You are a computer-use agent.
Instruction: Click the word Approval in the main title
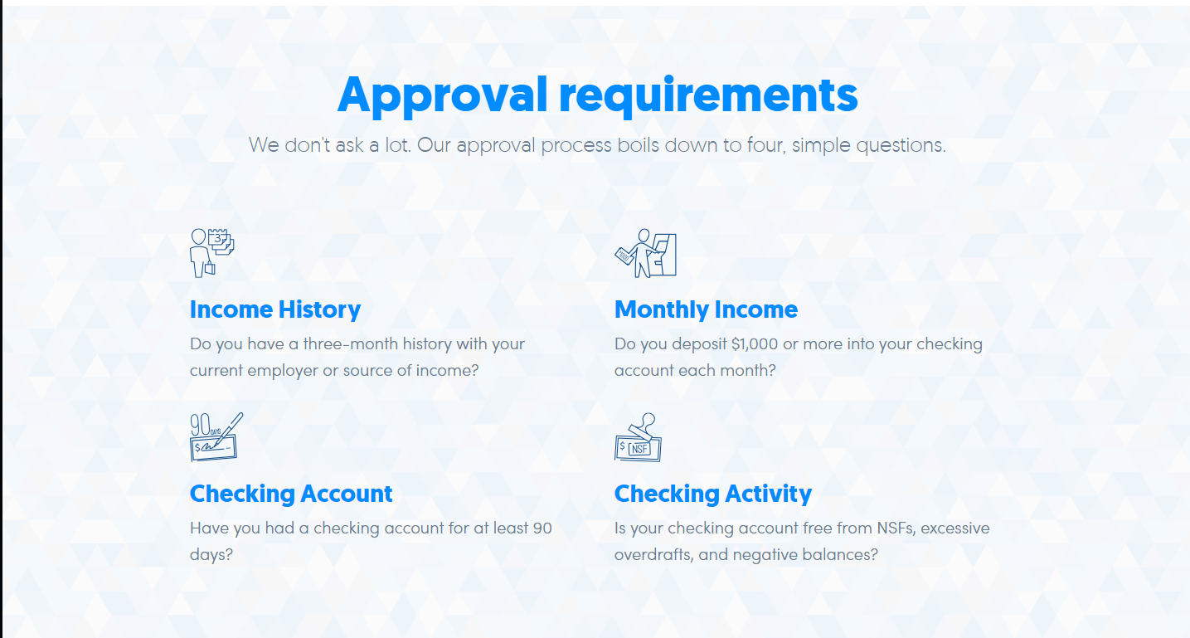(x=442, y=95)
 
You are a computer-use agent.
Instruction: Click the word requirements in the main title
(x=709, y=95)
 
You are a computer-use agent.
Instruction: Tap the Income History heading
(x=275, y=309)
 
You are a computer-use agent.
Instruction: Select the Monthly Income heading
(x=706, y=309)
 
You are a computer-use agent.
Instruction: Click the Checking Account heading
(x=291, y=494)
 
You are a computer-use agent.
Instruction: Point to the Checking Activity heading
(x=713, y=494)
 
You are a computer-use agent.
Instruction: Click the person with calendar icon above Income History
(x=212, y=252)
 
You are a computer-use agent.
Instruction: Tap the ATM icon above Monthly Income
(x=645, y=253)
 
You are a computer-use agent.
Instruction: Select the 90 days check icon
(x=216, y=436)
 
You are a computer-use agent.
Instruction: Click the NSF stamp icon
(x=638, y=437)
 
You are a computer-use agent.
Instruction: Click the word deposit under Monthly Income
(x=699, y=344)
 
